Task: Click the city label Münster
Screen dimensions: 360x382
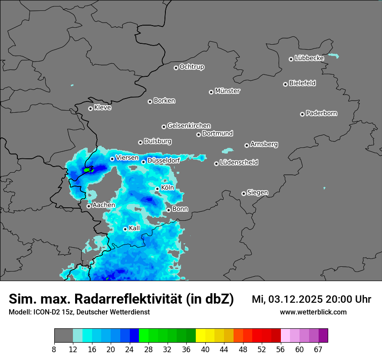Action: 227,91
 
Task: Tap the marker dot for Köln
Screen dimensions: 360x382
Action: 158,189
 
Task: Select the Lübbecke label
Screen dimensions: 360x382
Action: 309,58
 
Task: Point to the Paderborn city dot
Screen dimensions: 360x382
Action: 303,114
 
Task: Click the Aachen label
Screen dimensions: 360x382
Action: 104,205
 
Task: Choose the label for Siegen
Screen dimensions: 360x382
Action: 257,193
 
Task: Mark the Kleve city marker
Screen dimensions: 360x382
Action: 91,108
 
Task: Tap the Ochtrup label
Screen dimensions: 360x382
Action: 191,67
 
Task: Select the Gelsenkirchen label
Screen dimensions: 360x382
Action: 189,126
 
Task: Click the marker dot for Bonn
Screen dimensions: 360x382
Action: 169,210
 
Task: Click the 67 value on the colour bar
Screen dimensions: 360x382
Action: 318,349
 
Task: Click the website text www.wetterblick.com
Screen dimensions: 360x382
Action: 313,312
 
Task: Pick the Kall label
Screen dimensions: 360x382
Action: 134,228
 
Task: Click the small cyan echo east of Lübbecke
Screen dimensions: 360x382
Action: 333,56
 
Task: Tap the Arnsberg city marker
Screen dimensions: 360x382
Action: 247,145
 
